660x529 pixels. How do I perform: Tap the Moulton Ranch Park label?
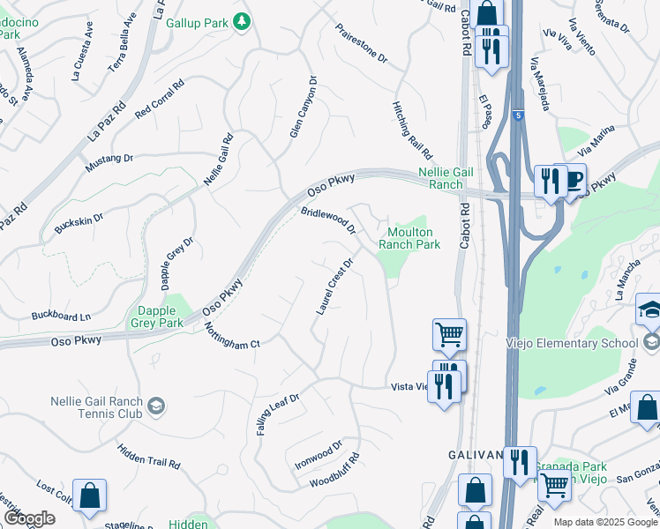(409, 238)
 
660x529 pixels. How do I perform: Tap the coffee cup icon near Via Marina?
(574, 181)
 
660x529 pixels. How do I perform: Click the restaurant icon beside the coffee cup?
(551, 182)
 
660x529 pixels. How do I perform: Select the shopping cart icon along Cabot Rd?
(449, 335)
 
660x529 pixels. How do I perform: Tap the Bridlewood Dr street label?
(327, 221)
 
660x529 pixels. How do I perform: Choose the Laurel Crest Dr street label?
(334, 287)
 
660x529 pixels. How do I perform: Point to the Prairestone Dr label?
(361, 43)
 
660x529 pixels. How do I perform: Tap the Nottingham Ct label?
(232, 334)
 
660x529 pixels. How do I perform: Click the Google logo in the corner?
(28, 518)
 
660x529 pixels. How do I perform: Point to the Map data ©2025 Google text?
(605, 522)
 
